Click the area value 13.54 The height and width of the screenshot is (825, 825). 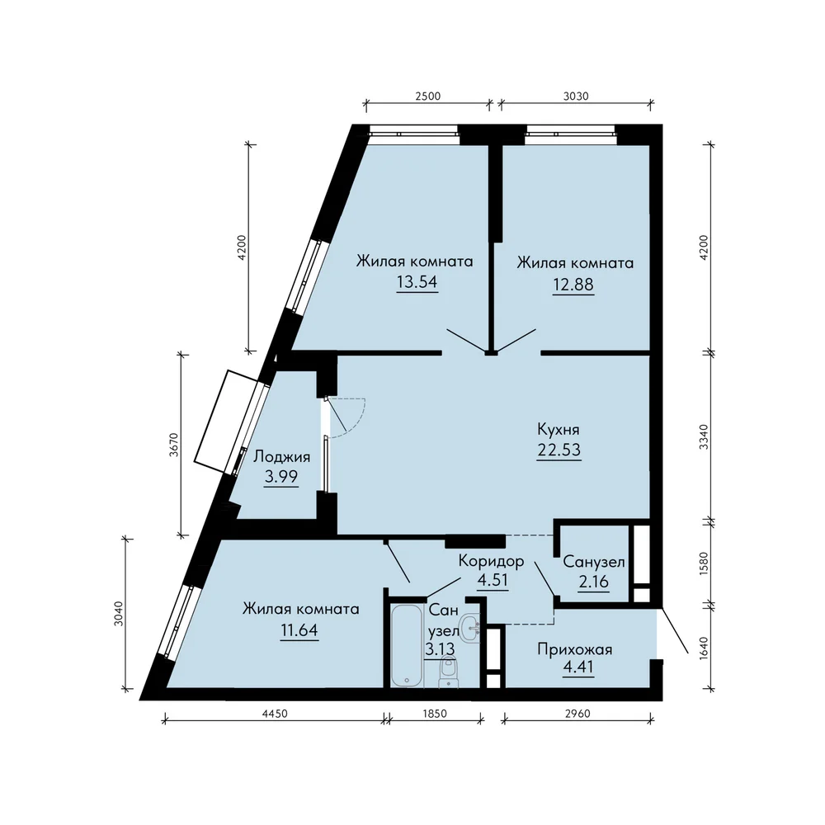[x=417, y=282]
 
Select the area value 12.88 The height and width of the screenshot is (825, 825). [x=573, y=284]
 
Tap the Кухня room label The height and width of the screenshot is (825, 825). [x=559, y=429]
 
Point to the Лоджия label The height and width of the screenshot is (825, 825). [x=281, y=457]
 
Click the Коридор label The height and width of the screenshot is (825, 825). [x=492, y=561]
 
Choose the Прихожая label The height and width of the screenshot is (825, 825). [x=574, y=649]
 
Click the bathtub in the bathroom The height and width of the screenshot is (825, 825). [x=407, y=645]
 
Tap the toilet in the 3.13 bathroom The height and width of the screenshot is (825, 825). [x=448, y=673]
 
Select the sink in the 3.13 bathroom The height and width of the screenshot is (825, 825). [x=469, y=628]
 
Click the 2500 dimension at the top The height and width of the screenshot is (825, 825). [x=427, y=97]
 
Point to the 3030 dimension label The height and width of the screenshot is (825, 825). [x=576, y=97]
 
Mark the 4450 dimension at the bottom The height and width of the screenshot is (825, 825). [x=275, y=714]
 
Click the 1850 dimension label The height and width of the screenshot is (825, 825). [x=435, y=714]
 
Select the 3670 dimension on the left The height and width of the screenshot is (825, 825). [x=174, y=445]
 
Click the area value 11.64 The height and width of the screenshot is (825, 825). [x=299, y=629]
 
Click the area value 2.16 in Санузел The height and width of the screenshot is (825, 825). [x=593, y=582]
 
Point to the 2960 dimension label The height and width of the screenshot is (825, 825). [x=577, y=714]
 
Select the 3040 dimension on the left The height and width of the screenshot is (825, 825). [x=119, y=614]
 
